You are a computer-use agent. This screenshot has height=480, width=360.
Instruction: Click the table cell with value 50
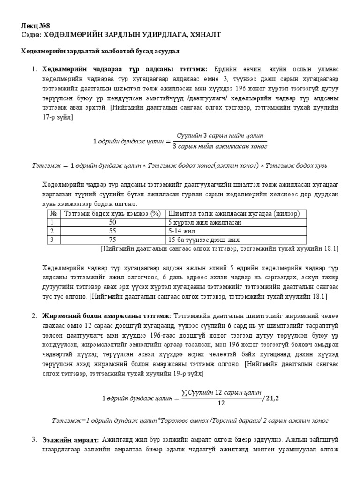pos(112,222)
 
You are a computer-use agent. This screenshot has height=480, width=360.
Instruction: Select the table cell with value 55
pos(112,231)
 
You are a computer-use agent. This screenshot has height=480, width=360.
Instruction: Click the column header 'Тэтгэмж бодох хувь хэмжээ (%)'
pos(112,214)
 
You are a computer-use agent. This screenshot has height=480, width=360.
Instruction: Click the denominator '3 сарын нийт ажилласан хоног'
pos(220,146)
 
